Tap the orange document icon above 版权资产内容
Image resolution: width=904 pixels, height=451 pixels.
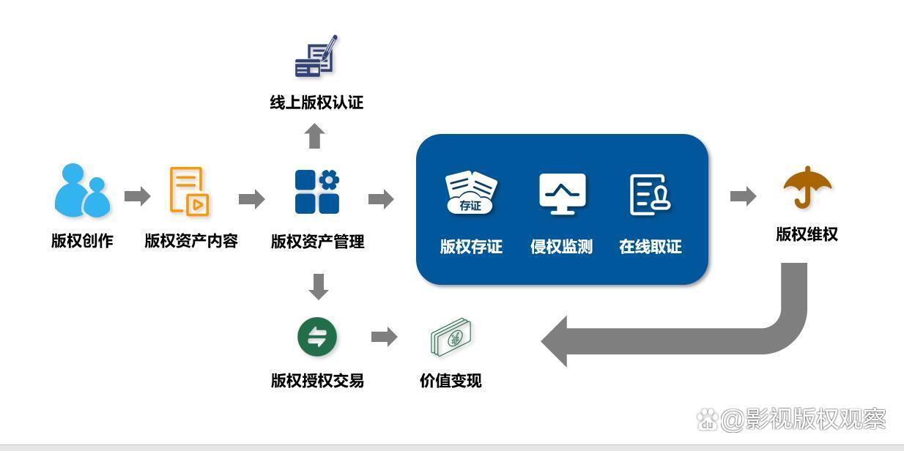(x=189, y=191)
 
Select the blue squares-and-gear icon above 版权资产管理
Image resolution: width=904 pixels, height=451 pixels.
(x=317, y=192)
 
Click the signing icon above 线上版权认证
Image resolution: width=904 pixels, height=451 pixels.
(x=316, y=56)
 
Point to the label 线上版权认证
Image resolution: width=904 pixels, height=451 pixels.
(x=316, y=102)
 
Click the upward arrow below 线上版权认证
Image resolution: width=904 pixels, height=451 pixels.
(x=315, y=136)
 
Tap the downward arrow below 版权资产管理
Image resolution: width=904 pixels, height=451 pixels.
(x=318, y=286)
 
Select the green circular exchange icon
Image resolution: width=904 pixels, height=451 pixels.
(x=317, y=338)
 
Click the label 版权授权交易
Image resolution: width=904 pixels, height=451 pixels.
(x=317, y=381)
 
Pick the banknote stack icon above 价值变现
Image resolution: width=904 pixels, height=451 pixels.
(x=451, y=338)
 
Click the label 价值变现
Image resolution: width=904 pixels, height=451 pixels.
(x=451, y=381)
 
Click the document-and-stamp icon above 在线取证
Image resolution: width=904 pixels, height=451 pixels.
(x=651, y=194)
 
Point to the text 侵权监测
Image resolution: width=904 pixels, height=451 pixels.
(x=561, y=247)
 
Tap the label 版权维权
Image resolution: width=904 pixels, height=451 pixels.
(x=807, y=234)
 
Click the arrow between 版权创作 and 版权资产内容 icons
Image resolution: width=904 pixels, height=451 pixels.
(x=137, y=195)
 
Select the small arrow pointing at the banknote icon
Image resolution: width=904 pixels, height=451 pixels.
(x=384, y=337)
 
